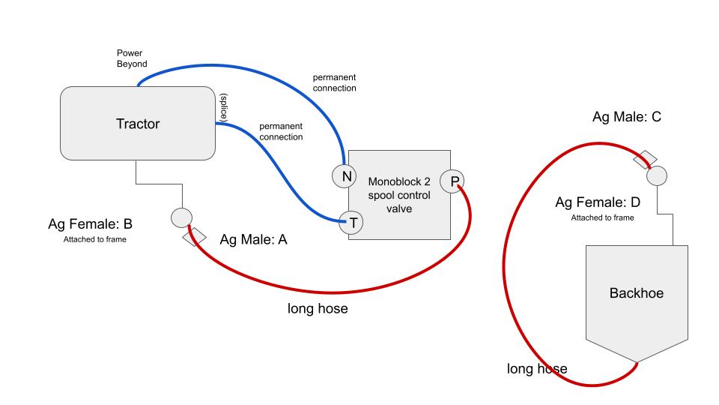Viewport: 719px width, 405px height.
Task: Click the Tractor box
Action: pos(138,124)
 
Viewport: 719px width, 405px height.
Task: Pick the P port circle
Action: pos(452,181)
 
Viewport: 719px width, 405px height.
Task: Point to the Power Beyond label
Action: pos(132,58)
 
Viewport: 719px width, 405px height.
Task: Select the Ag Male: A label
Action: pos(253,240)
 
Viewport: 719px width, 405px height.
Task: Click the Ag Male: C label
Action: pos(626,117)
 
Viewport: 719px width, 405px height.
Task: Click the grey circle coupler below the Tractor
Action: pos(182,217)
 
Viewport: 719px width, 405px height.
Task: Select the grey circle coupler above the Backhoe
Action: pos(657,176)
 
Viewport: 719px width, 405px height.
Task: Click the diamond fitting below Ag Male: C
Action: pos(645,159)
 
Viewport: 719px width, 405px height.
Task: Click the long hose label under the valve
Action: pos(318,308)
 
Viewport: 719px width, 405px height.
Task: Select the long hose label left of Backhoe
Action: pos(537,368)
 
